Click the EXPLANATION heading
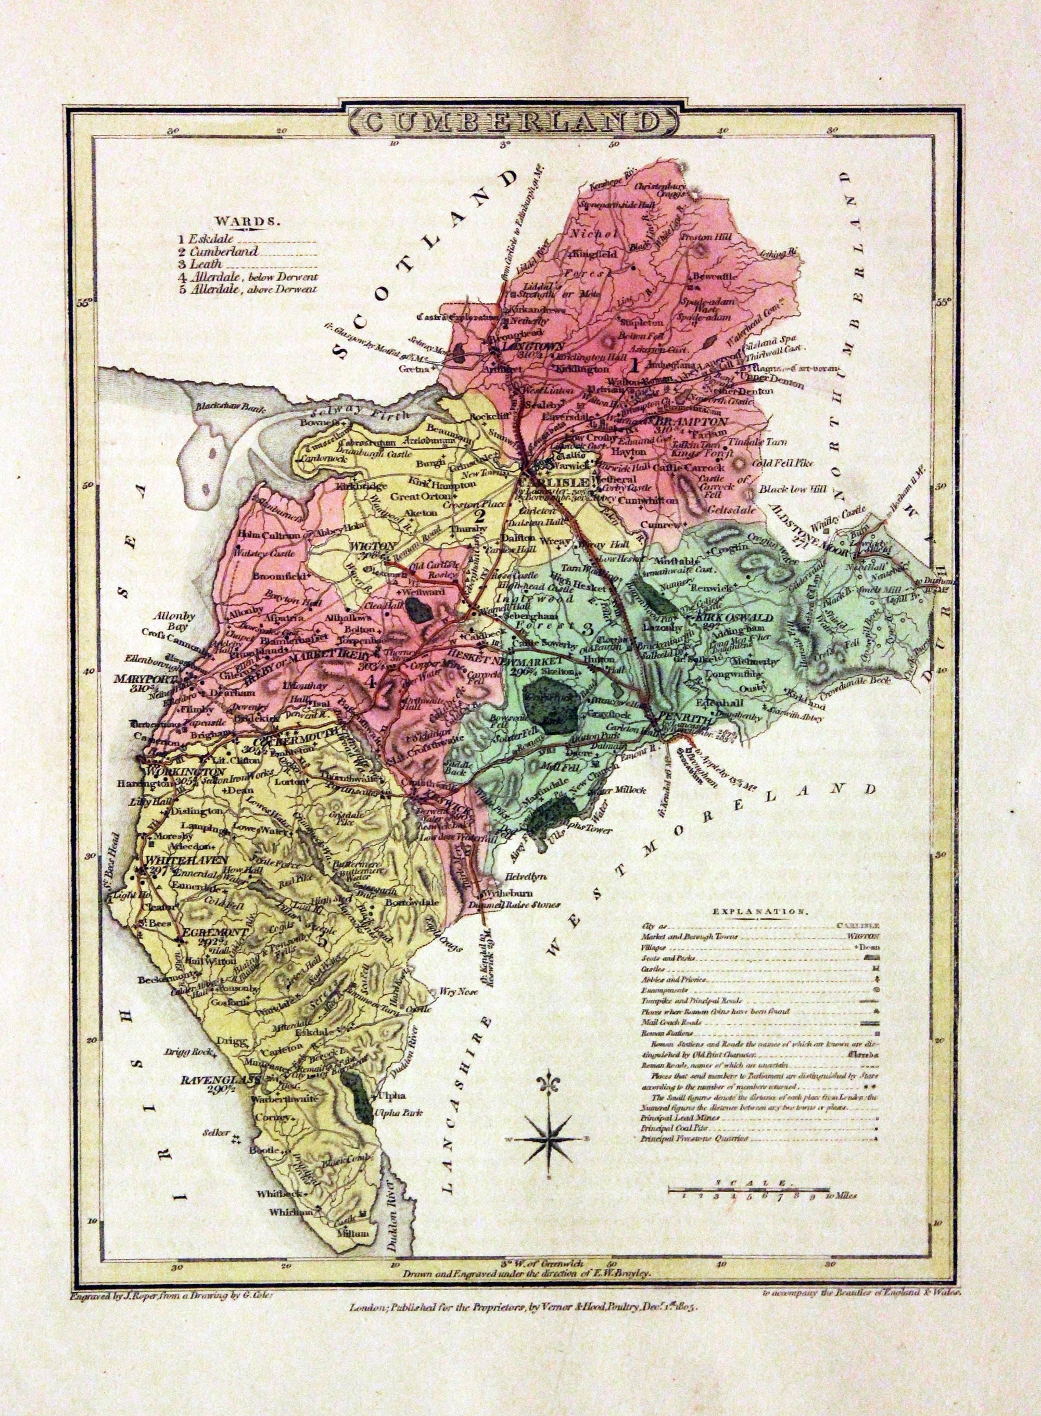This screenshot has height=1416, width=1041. (759, 911)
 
